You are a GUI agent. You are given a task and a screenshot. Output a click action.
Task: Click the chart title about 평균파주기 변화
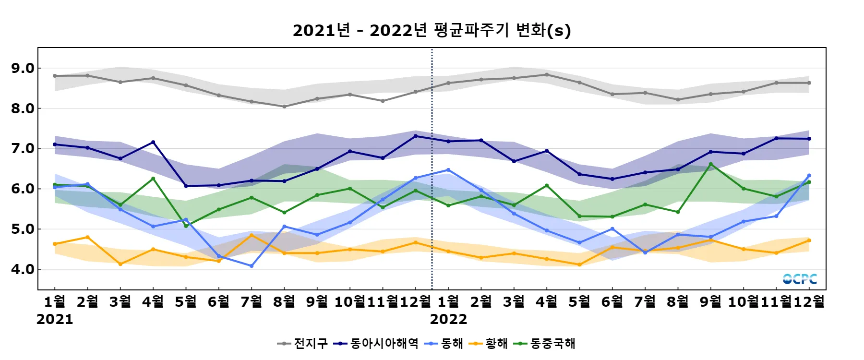432,30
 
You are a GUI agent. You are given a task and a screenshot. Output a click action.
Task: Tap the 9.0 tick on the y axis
23,68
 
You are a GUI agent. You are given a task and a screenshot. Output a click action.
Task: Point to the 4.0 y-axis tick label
23,269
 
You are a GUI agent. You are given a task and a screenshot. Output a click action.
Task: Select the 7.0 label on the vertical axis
23,149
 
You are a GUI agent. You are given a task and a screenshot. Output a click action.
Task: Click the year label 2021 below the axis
55,319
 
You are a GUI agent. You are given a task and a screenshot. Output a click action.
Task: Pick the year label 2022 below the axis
448,319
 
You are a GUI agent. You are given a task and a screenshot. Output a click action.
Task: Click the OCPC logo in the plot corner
800,279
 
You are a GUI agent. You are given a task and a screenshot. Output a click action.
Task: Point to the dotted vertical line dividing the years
432,168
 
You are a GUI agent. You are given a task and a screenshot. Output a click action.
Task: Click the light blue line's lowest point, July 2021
252,266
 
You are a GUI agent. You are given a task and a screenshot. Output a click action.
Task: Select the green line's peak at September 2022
711,164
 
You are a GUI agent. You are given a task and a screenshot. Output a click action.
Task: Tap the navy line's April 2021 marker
153,142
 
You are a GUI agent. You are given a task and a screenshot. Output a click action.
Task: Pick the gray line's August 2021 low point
284,107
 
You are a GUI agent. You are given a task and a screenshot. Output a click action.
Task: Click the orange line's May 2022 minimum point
579,264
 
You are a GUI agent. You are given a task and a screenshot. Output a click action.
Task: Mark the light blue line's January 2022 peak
448,170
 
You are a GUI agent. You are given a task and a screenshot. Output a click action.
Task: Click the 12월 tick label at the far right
809,301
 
